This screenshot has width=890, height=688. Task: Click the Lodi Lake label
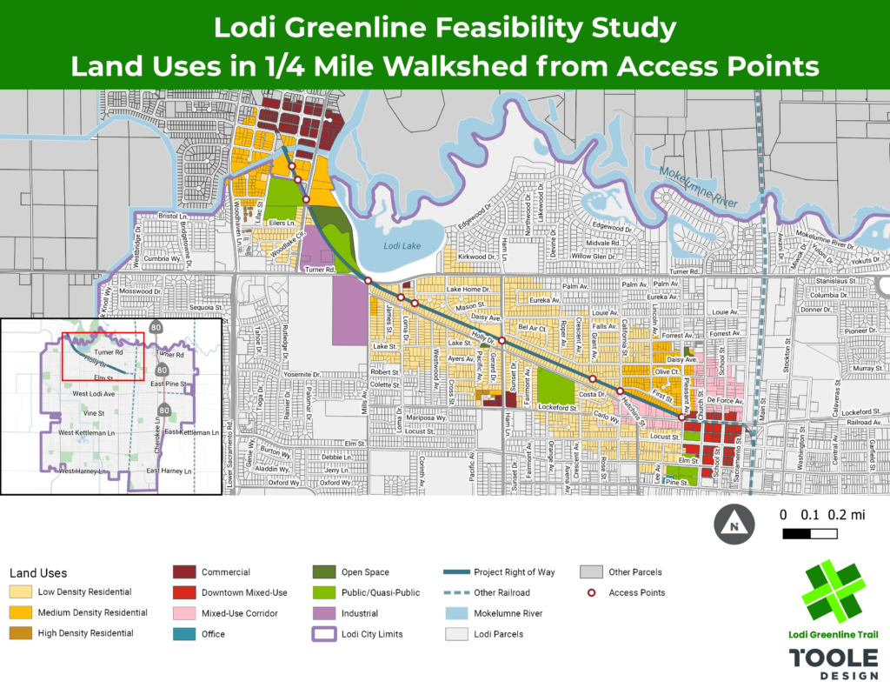[402, 246]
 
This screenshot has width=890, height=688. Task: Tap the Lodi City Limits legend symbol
[323, 634]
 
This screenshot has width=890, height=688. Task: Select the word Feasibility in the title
[488, 28]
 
